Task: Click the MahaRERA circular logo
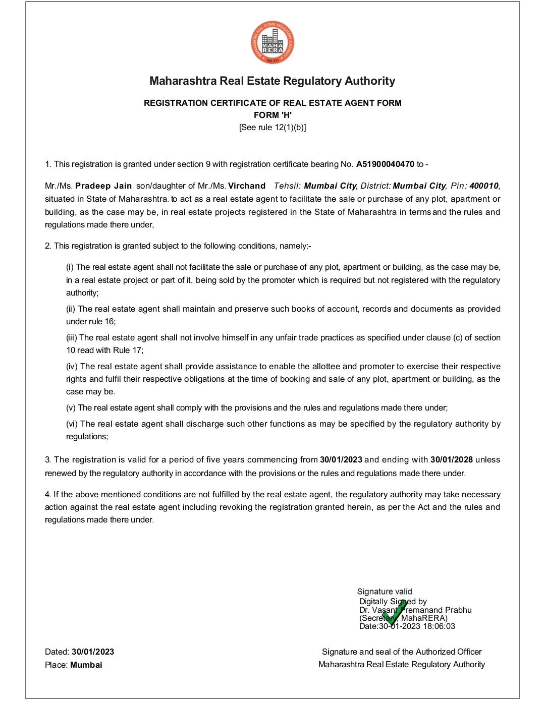click(272, 43)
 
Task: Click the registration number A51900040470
click(385, 164)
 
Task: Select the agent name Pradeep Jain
click(103, 186)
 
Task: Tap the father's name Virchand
click(247, 186)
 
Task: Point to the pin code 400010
click(483, 186)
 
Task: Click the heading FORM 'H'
click(272, 115)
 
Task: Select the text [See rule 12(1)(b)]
click(272, 127)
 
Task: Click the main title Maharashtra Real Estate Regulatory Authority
click(272, 81)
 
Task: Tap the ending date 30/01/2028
click(451, 459)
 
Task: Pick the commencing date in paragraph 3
click(341, 459)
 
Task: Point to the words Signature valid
click(385, 592)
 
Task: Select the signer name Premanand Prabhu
click(437, 610)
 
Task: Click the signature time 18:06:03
click(439, 626)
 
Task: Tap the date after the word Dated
click(93, 652)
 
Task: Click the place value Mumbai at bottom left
click(86, 665)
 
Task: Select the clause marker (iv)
click(72, 366)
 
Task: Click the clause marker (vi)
click(72, 424)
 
